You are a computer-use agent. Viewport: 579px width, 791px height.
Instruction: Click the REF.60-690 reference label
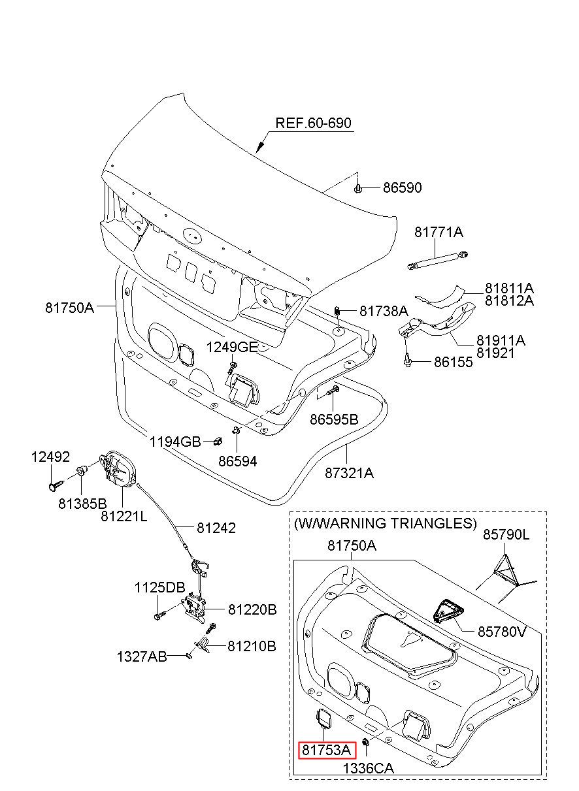313,123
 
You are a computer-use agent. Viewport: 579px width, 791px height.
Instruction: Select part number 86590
402,188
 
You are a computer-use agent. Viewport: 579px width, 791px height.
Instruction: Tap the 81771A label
438,233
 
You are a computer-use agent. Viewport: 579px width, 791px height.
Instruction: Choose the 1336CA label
369,769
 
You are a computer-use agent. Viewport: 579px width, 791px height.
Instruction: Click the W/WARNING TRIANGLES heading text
386,523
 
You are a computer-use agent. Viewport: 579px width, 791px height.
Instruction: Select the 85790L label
506,535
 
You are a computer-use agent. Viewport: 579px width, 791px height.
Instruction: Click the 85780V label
501,632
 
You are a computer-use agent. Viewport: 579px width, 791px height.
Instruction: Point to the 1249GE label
233,347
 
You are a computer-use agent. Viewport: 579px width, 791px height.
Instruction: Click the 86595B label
334,419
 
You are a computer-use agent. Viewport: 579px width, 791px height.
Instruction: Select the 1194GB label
174,442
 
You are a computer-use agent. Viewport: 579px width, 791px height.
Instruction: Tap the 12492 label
50,457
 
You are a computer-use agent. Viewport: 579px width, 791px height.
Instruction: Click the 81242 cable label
215,528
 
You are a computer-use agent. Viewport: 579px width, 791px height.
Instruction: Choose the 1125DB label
160,587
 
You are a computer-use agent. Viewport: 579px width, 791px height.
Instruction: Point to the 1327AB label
142,655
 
